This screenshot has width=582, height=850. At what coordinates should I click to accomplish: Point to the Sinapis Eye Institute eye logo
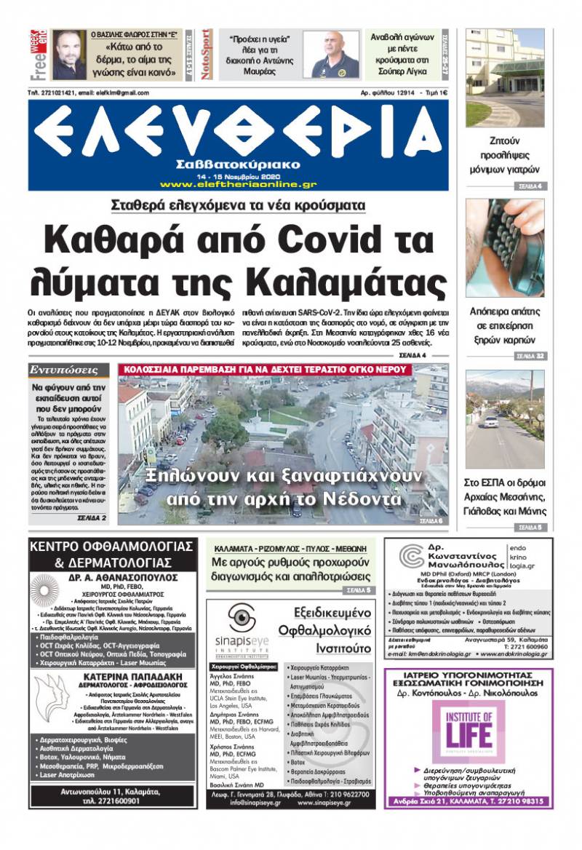(x=242, y=619)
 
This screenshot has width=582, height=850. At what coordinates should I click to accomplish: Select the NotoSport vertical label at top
(x=206, y=54)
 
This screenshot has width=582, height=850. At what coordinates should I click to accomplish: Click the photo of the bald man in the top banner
(x=330, y=55)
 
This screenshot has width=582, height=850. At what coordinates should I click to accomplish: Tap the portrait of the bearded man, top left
(x=69, y=55)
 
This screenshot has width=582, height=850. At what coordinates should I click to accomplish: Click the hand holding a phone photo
(x=504, y=247)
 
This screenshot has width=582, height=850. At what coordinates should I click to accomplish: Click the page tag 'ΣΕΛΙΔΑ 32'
(x=529, y=356)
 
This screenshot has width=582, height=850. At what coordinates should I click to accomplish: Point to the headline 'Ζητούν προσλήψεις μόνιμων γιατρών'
(x=504, y=156)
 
